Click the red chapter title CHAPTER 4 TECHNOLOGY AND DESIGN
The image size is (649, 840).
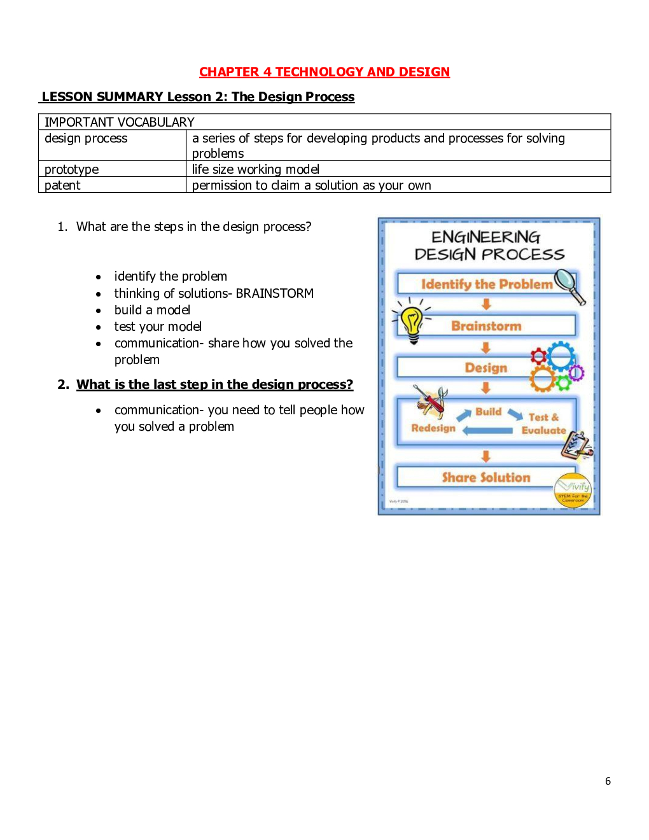[x=324, y=72]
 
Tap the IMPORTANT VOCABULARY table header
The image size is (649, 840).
[x=120, y=122]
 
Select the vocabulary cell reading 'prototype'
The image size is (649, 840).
[x=72, y=169]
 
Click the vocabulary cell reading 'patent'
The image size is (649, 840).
[x=62, y=185]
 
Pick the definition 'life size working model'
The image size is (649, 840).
[x=256, y=169]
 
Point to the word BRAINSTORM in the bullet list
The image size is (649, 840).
[x=274, y=293]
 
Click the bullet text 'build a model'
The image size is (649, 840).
[x=152, y=310]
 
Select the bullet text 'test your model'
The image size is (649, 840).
[x=158, y=326]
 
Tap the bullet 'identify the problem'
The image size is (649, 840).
[x=171, y=276]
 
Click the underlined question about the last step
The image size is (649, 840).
[x=214, y=384]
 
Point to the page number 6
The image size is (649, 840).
[x=608, y=781]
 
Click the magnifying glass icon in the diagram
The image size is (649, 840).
[x=568, y=284]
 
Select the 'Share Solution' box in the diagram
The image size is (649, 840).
[x=485, y=477]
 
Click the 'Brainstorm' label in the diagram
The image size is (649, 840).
[x=486, y=326]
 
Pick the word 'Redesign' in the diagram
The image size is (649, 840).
[x=433, y=428]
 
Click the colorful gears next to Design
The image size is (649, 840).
[x=555, y=368]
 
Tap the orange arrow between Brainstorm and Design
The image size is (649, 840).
[x=486, y=347]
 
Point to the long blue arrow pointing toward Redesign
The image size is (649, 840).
[x=487, y=431]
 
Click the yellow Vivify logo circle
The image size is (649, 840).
[x=573, y=491]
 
